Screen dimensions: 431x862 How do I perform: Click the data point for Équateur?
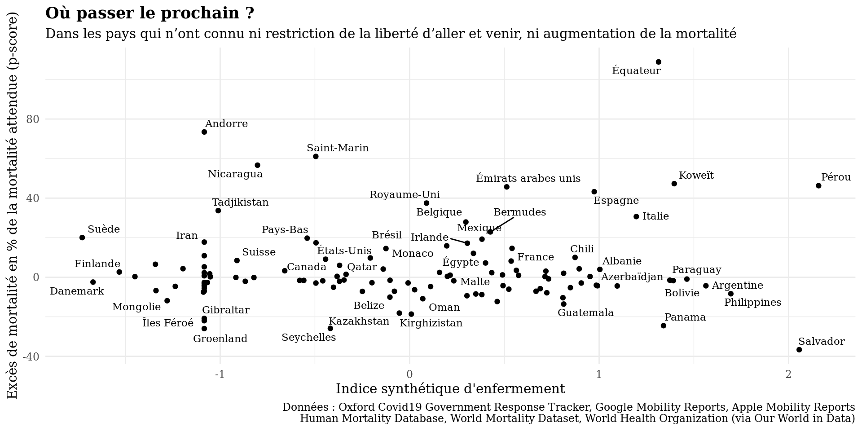pyautogui.click(x=659, y=62)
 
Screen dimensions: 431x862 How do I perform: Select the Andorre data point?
pyautogui.click(x=204, y=132)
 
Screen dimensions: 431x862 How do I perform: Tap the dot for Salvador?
pyautogui.click(x=799, y=350)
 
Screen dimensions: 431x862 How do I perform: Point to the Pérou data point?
pyautogui.click(x=818, y=186)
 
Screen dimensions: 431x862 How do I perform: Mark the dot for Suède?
pyautogui.click(x=82, y=237)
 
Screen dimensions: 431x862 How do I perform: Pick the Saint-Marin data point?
pyautogui.click(x=316, y=157)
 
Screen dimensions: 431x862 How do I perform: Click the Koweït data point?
pyautogui.click(x=674, y=184)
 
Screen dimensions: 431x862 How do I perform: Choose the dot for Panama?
pyautogui.click(x=664, y=325)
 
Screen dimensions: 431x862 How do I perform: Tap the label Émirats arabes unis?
pyautogui.click(x=528, y=179)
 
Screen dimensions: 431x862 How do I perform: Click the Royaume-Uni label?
pyautogui.click(x=405, y=195)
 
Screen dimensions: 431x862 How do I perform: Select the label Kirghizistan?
pyautogui.click(x=431, y=323)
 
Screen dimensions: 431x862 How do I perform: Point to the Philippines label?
pyautogui.click(x=752, y=303)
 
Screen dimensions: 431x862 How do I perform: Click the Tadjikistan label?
pyautogui.click(x=240, y=202)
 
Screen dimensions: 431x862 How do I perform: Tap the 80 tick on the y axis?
pyautogui.click(x=33, y=119)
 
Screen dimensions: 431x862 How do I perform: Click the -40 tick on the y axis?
pyautogui.click(x=31, y=356)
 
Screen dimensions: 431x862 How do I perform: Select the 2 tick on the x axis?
pyautogui.click(x=788, y=374)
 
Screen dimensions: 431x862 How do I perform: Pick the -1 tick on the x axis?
pyautogui.click(x=220, y=374)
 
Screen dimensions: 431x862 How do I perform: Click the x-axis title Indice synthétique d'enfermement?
pyautogui.click(x=450, y=389)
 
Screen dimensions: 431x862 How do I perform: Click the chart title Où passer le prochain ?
pyautogui.click(x=150, y=13)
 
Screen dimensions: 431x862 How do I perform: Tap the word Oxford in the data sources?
pyautogui.click(x=355, y=407)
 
